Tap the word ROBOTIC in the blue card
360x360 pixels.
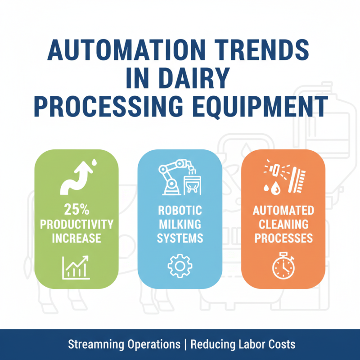pos(180,211)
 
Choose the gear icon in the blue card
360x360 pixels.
pos(180,265)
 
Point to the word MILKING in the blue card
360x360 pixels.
pos(180,224)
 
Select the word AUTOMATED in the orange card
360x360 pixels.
pos(283,211)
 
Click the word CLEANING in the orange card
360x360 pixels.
pos(283,224)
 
